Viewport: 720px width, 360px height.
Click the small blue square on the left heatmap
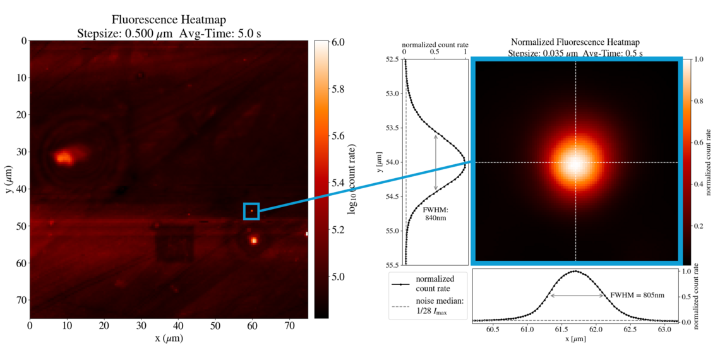coord(251,211)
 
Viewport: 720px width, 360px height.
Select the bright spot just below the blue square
coord(254,240)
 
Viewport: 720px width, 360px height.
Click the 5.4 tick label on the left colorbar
coord(337,183)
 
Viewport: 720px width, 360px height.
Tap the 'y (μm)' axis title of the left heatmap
coord(9,180)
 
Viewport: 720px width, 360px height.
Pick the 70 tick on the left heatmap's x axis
coord(290,326)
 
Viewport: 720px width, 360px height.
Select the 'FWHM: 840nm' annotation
coord(435,213)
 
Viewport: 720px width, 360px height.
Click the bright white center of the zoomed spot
coord(575,163)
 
